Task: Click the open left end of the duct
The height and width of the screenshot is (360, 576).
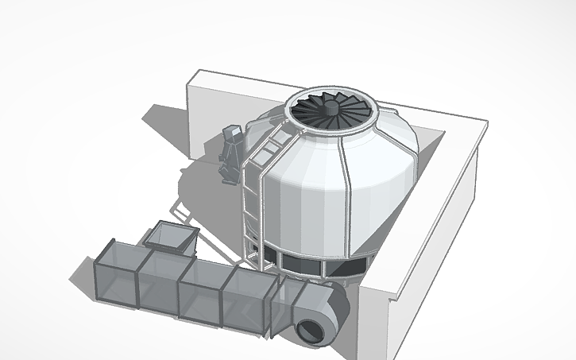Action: (x=106, y=281)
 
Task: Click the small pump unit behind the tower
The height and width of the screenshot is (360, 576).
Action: (x=231, y=151)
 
